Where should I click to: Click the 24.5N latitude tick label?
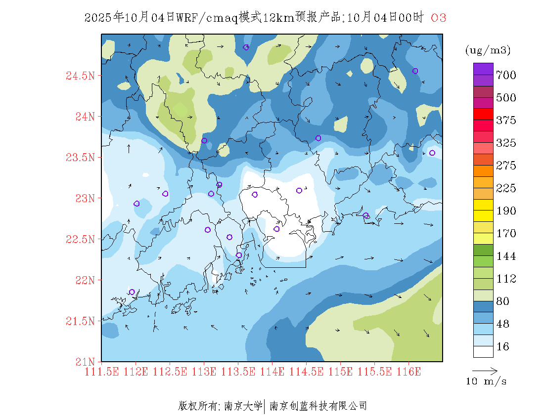pyautogui.click(x=80, y=76)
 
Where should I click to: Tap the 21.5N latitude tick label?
pyautogui.click(x=80, y=321)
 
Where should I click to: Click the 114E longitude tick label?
pyautogui.click(x=272, y=372)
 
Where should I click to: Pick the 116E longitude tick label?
pyautogui.click(x=408, y=372)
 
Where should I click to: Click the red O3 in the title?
pyautogui.click(x=439, y=18)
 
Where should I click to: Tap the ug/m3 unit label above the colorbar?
pyautogui.click(x=488, y=50)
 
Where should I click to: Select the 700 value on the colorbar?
pyautogui.click(x=506, y=75)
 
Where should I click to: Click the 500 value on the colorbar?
pyautogui.click(x=506, y=98)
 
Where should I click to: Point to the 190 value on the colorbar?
pyautogui.click(x=506, y=211)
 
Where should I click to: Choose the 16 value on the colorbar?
pyautogui.click(x=503, y=347)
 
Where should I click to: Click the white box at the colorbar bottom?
pyautogui.click(x=483, y=351)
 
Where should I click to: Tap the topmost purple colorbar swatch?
pyautogui.click(x=483, y=69)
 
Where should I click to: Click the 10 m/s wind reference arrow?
pyautogui.click(x=485, y=370)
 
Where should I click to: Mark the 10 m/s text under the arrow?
pyautogui.click(x=487, y=381)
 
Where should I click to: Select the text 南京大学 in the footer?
pyautogui.click(x=243, y=406)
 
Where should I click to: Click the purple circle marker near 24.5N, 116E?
pyautogui.click(x=415, y=71)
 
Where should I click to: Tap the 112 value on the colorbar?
pyautogui.click(x=506, y=279)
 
